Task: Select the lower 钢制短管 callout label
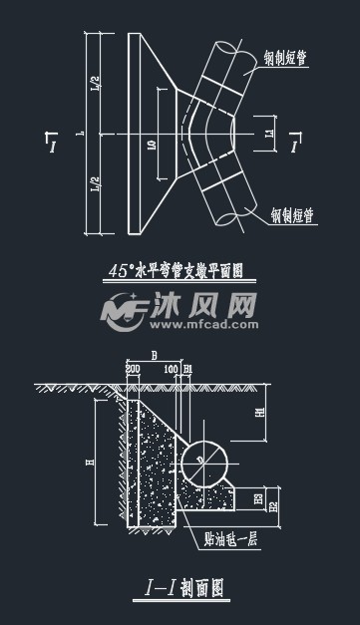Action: [293, 213]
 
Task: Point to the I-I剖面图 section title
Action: [180, 589]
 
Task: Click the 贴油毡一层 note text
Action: [230, 539]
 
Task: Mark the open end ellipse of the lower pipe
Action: [232, 215]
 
